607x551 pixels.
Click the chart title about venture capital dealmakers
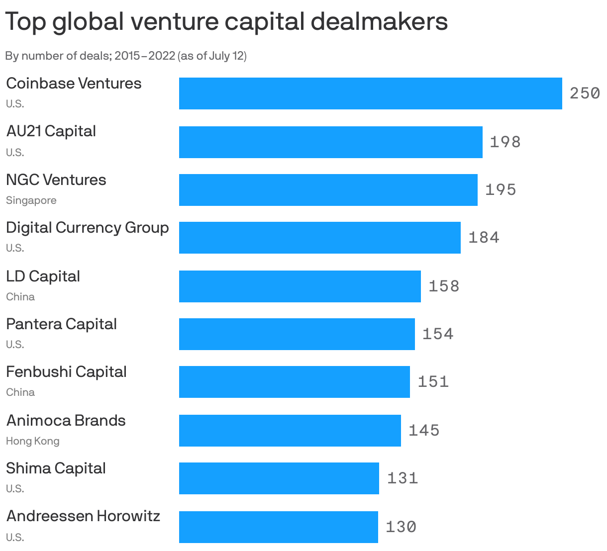pos(226,22)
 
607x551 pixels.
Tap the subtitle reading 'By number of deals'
pos(126,56)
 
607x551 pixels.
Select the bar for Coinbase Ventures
pos(370,93)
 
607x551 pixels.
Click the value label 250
pos(585,93)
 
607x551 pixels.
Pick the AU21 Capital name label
pos(51,131)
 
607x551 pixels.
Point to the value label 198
pos(505,142)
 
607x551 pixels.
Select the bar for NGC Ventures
pos(328,190)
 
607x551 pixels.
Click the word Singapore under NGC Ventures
pos(31,200)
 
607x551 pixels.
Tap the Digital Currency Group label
pos(88,228)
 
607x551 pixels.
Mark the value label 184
pos(484,238)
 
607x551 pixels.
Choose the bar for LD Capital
pos(300,286)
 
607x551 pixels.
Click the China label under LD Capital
pos(20,297)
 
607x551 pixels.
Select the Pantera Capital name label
pos(62,324)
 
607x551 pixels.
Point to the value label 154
pos(438,334)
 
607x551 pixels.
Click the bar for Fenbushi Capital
pos(294,382)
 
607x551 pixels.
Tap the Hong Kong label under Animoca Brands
pos(33,441)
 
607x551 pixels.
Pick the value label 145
pos(424,430)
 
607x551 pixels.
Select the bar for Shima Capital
pos(279,478)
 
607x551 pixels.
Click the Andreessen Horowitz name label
pos(83,516)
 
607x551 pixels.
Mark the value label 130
pos(401,527)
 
